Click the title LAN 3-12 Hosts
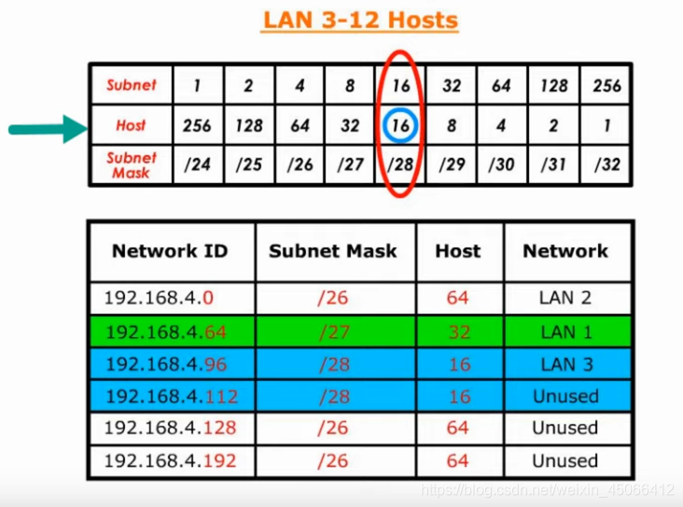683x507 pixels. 359,20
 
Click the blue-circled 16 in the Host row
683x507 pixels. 401,125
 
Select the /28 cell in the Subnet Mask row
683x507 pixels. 401,165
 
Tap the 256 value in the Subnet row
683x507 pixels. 606,86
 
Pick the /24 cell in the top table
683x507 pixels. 197,165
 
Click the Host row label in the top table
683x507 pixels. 131,125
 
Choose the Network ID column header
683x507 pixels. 170,251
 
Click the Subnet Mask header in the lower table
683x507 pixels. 333,251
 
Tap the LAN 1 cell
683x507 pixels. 565,331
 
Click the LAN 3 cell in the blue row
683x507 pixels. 565,364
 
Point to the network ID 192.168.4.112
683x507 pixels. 171,396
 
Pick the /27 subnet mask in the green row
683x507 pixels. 333,331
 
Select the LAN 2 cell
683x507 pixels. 565,299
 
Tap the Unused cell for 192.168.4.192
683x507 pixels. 565,460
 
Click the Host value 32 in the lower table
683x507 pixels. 459,331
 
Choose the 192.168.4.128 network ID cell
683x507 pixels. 171,428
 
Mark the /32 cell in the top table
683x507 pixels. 606,165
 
